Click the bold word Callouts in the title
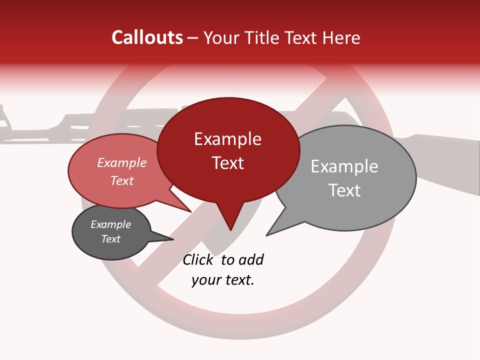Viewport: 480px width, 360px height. point(147,37)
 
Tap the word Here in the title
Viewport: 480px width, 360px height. point(341,37)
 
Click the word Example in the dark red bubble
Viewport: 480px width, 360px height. point(227,139)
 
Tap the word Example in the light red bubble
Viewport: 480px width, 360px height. point(121,162)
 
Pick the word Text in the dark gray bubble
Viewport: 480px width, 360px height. point(110,239)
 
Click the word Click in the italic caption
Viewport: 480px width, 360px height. point(198,259)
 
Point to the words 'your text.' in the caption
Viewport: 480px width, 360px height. point(223,280)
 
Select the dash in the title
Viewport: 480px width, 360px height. point(193,37)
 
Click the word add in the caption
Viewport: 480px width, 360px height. point(251,259)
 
